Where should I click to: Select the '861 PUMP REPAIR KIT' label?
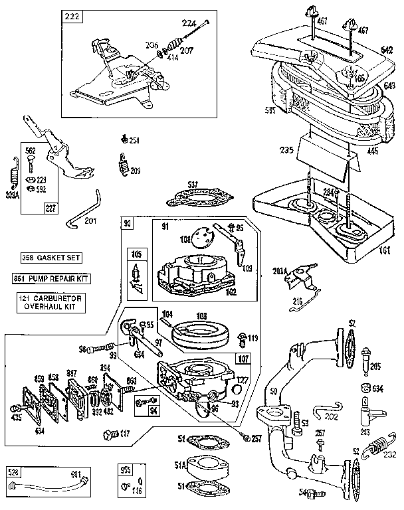(51, 278)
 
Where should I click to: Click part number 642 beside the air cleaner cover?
(388, 48)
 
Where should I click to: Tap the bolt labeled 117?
(108, 435)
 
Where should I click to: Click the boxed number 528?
(14, 473)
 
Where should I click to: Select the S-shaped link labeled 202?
(329, 414)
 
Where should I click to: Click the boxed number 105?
(137, 254)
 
